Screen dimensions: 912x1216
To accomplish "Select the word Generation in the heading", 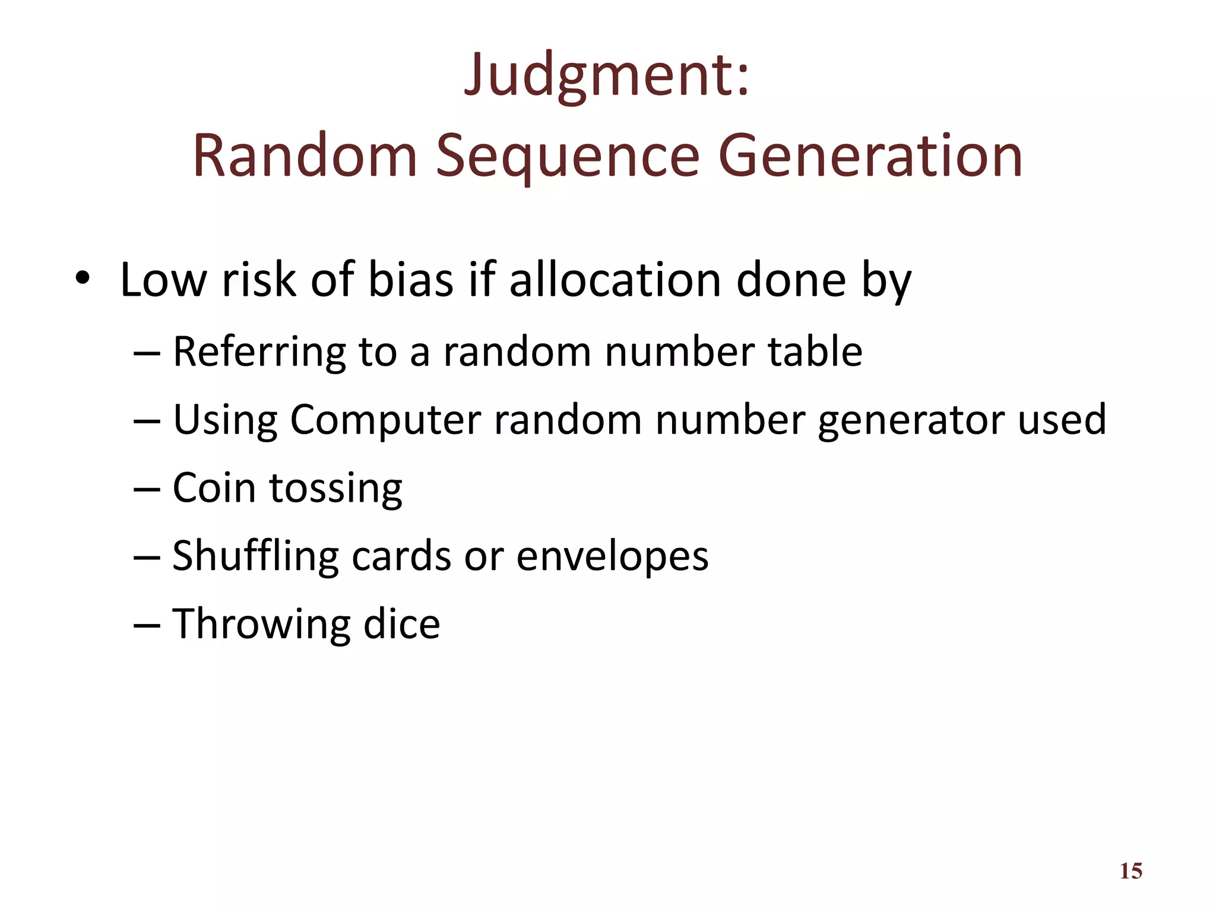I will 870,157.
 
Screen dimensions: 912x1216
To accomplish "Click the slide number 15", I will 1130,871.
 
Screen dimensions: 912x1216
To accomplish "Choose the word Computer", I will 385,420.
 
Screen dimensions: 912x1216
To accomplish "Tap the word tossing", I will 336,489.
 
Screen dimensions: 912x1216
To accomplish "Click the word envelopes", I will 612,557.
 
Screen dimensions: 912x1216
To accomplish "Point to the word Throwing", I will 261,624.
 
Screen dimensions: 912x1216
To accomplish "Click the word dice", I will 401,624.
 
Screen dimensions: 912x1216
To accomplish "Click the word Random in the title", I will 305,157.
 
